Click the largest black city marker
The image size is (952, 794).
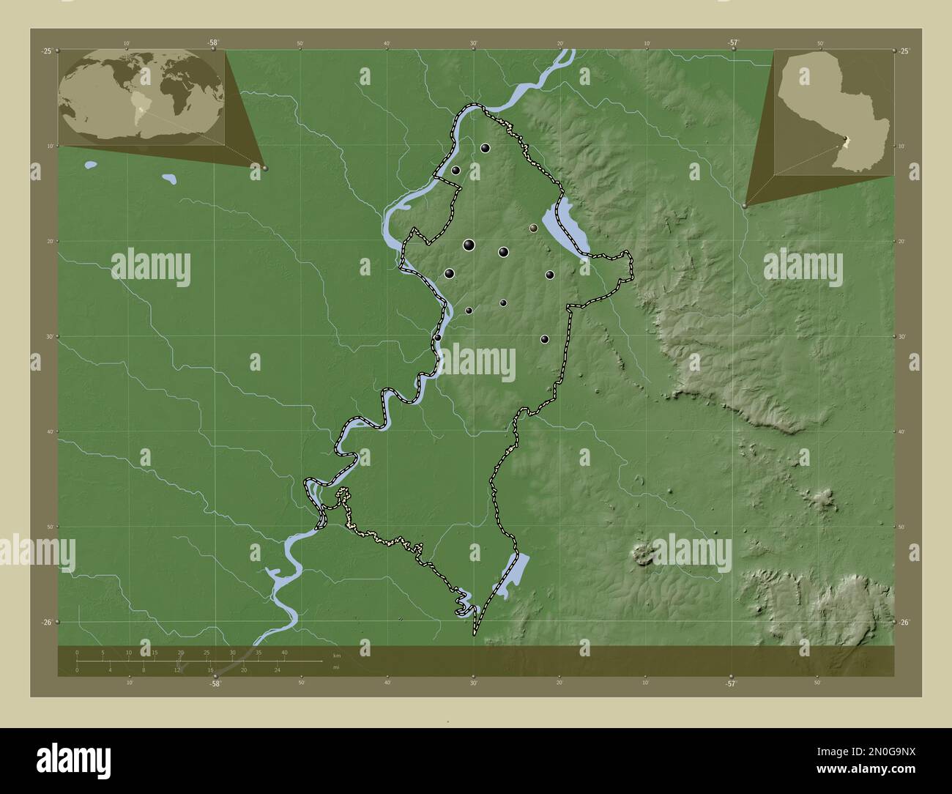[469, 245]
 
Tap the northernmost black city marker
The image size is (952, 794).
[485, 148]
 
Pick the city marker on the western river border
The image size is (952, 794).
[437, 338]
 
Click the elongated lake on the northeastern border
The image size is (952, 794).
[565, 226]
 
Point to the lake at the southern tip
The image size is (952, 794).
[515, 570]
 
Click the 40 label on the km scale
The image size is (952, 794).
[284, 652]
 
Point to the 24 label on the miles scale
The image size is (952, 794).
[278, 669]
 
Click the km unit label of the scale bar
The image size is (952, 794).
[336, 655]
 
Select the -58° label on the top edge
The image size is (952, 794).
[212, 42]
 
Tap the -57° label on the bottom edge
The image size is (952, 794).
[730, 683]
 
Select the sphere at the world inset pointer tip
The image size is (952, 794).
[265, 168]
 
